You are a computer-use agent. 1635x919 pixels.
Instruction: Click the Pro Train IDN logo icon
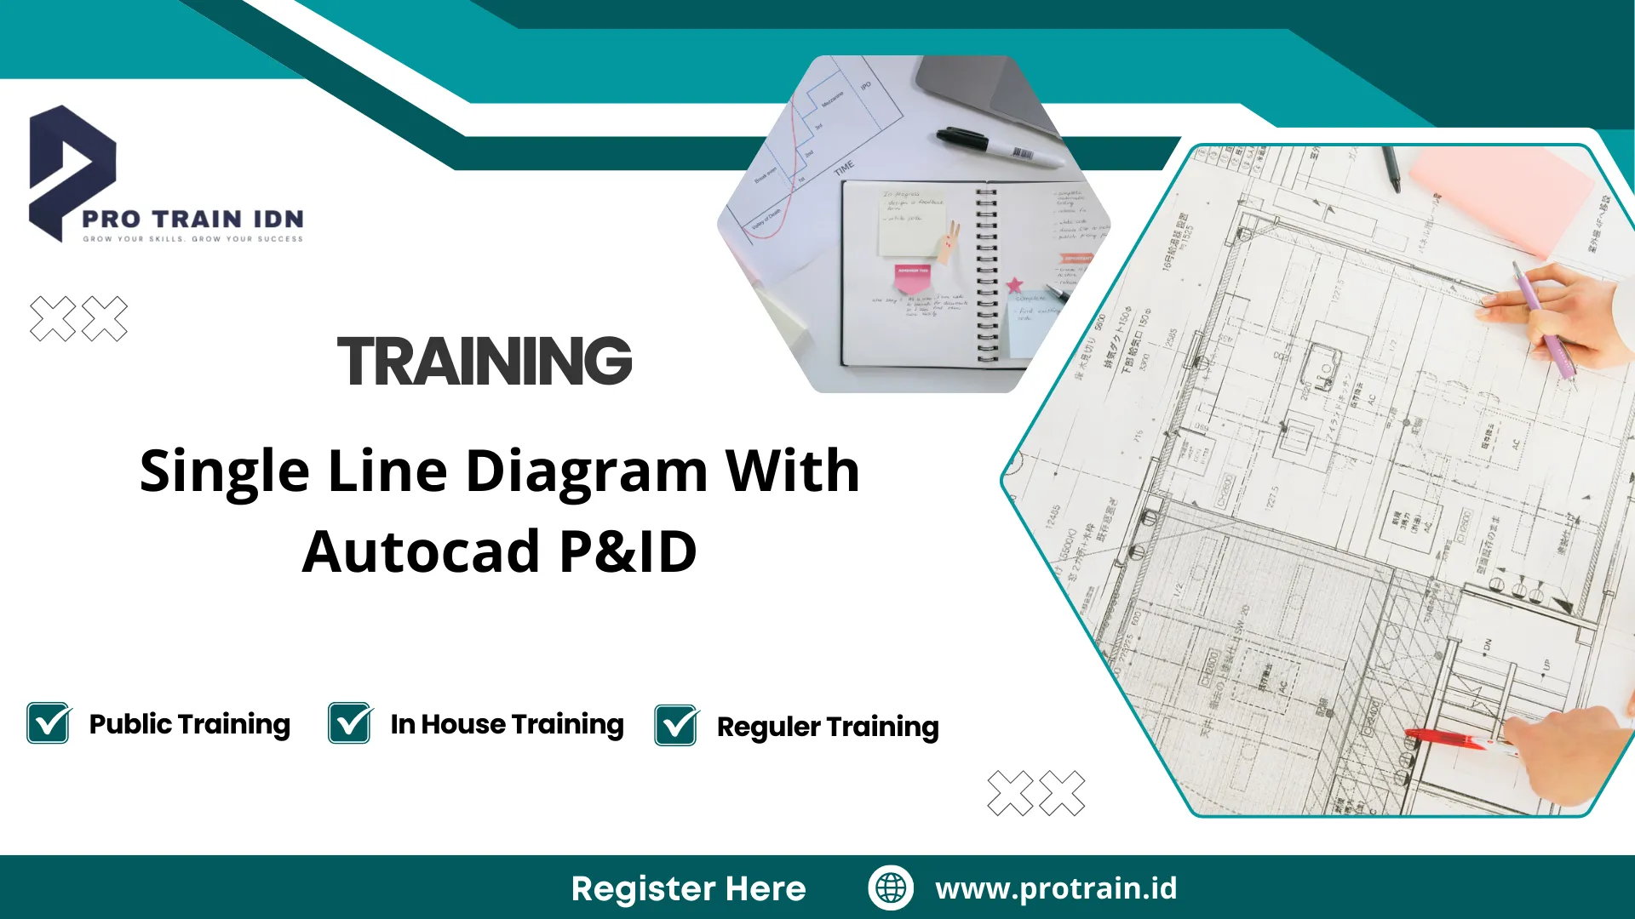72,170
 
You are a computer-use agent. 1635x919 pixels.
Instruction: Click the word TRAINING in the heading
485,361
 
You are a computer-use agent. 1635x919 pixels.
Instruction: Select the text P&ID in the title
628,551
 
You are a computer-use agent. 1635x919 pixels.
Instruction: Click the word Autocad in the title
421,551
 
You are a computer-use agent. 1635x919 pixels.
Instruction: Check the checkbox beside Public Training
49,723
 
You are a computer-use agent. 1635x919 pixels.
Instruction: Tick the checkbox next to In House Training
350,723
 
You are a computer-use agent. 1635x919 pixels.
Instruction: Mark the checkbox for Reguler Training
676,726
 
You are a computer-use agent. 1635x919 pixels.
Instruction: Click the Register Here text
688,888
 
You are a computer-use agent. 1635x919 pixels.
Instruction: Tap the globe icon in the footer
891,888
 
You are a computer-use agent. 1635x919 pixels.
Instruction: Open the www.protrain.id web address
1056,888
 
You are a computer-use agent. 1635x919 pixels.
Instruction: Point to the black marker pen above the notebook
996,146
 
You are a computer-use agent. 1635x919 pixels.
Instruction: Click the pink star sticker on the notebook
1014,285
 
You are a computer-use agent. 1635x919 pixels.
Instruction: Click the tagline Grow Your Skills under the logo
192,239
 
